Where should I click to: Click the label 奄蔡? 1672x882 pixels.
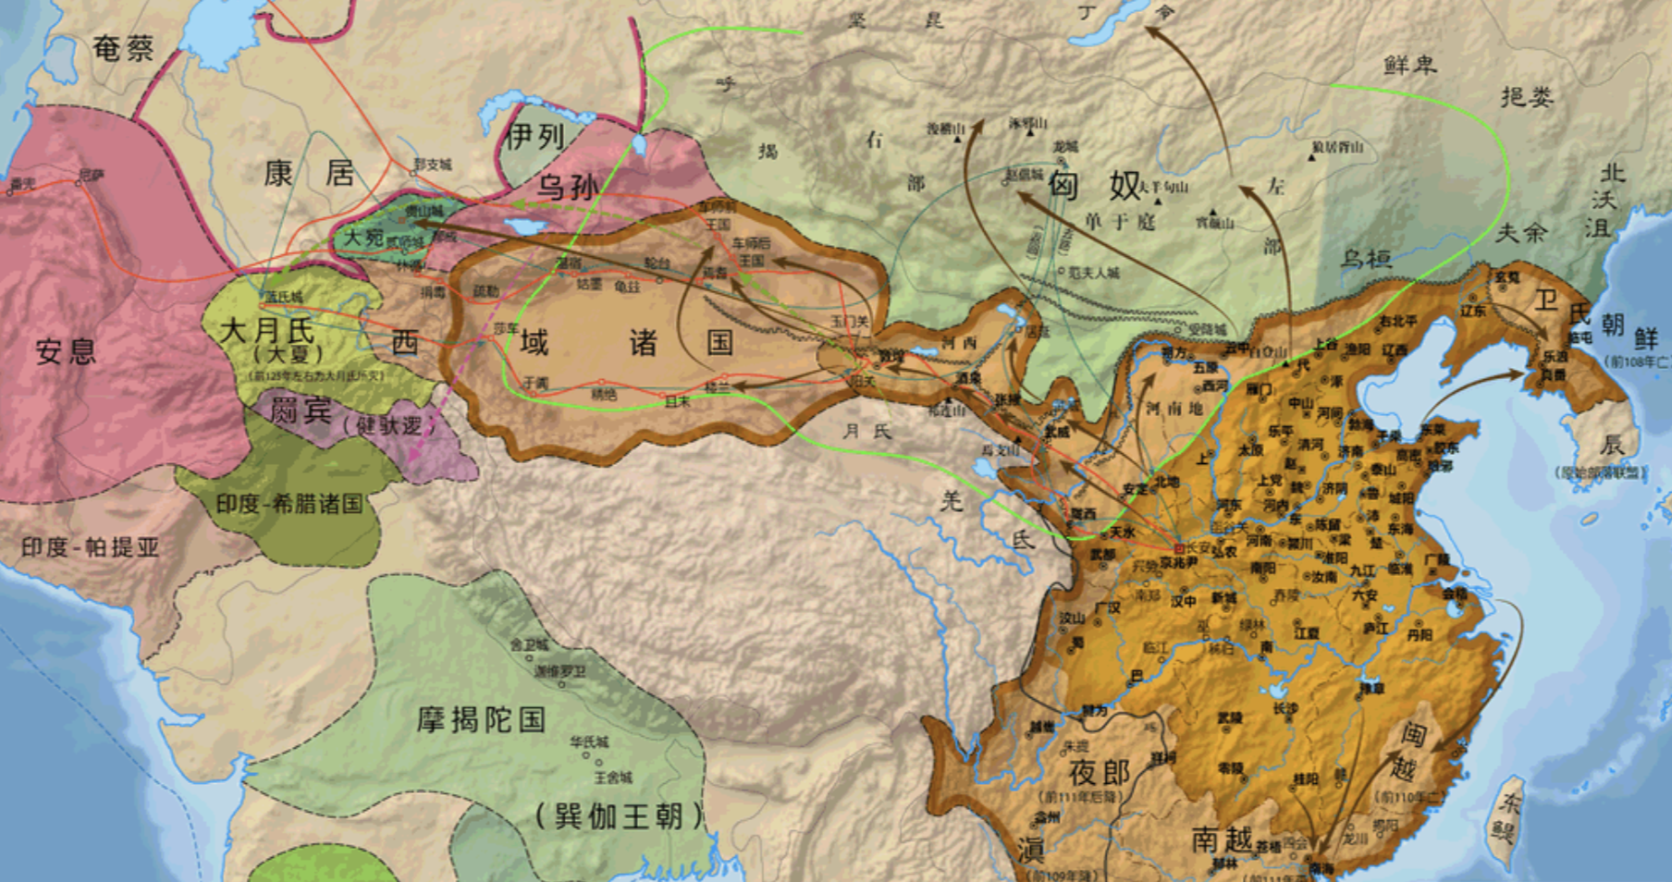pyautogui.click(x=124, y=48)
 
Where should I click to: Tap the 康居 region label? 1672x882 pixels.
pyautogui.click(x=309, y=173)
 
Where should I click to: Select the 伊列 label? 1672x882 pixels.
pyautogui.click(x=535, y=138)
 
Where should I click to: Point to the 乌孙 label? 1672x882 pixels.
pyautogui.click(x=568, y=187)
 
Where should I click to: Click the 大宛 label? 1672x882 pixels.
pyautogui.click(x=363, y=238)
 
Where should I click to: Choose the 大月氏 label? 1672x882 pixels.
pyautogui.click(x=267, y=330)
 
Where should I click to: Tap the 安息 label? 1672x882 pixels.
pyautogui.click(x=66, y=351)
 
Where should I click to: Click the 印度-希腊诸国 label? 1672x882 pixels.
pyautogui.click(x=289, y=504)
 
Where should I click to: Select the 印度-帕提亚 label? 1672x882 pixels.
pyautogui.click(x=91, y=547)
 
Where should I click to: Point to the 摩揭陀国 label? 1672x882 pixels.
pyautogui.click(x=481, y=719)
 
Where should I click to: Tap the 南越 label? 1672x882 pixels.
pyautogui.click(x=1222, y=839)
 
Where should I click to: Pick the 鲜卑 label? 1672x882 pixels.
pyautogui.click(x=1410, y=65)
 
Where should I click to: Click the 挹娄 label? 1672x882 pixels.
pyautogui.click(x=1527, y=96)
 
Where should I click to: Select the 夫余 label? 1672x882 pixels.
pyautogui.click(x=1521, y=233)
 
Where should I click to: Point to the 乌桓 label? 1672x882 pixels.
pyautogui.click(x=1366, y=259)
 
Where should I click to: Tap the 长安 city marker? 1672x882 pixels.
pyautogui.click(x=1178, y=548)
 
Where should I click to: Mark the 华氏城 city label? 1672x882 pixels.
pyautogui.click(x=589, y=741)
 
